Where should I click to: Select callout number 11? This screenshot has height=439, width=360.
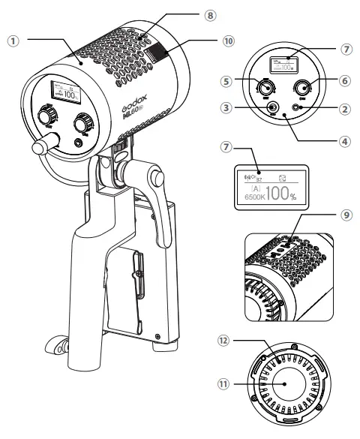click(223, 383)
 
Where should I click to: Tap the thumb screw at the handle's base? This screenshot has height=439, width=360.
click(57, 344)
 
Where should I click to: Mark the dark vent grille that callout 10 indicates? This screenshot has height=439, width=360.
click(158, 55)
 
